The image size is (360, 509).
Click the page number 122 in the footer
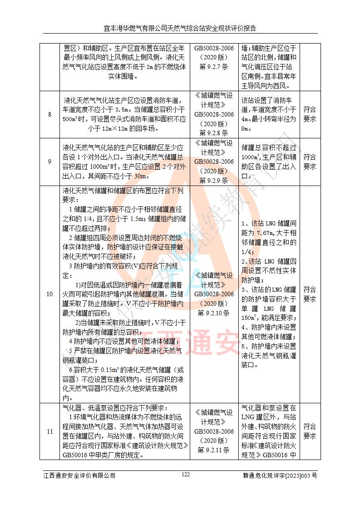pyautogui.click(x=185, y=475)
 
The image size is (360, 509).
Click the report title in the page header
pyautogui.click(x=180, y=28)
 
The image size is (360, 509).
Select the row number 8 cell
pyautogui.click(x=49, y=114)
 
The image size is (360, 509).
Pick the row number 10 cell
pyautogui.click(x=49, y=294)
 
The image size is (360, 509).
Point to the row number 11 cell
pyautogui.click(x=49, y=431)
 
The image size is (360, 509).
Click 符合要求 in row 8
pyautogui.click(x=310, y=114)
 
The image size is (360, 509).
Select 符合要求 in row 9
pyautogui.click(x=310, y=162)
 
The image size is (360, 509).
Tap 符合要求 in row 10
pyautogui.click(x=310, y=294)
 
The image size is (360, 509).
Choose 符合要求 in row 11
pyautogui.click(x=310, y=431)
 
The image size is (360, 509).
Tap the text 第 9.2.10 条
pyautogui.click(x=214, y=313)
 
